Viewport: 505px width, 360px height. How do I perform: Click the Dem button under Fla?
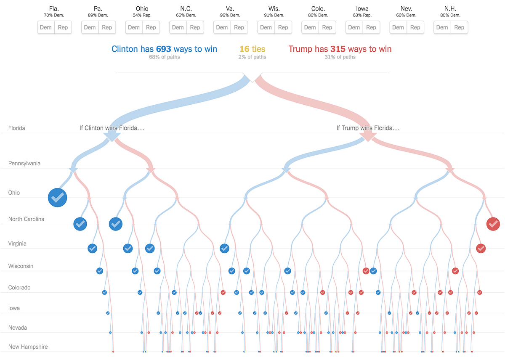(46, 27)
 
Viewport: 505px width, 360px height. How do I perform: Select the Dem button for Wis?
(266, 27)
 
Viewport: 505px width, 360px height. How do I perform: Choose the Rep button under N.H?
(459, 27)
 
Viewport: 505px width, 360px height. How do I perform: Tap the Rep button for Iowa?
(371, 27)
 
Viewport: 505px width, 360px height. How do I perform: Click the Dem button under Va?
(222, 27)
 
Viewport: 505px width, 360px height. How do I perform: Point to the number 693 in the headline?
(163, 49)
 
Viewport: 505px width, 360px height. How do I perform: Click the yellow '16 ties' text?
(252, 49)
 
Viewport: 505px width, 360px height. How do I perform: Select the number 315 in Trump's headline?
(338, 49)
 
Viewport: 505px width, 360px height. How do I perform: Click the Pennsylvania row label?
(24, 163)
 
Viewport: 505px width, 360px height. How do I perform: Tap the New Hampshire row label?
(28, 347)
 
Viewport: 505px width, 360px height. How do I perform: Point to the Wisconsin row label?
(21, 266)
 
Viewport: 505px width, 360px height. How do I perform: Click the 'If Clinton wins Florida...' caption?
(112, 128)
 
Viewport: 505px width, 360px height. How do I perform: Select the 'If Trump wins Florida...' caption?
(368, 128)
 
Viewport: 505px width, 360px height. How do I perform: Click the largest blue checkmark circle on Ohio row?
(58, 197)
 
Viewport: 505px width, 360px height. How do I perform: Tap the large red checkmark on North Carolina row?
(493, 223)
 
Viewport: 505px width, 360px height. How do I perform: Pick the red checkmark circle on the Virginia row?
(481, 248)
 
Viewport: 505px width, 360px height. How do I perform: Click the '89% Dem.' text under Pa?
(98, 15)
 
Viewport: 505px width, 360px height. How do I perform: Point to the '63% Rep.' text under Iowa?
(362, 15)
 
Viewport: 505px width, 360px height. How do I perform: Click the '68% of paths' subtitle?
(164, 57)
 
